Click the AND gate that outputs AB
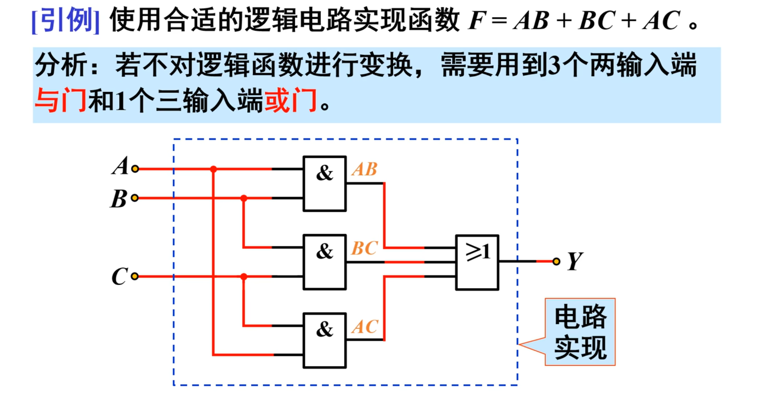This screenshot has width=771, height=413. click(324, 184)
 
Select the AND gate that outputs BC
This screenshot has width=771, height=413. click(324, 262)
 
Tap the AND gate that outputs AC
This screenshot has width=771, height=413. click(324, 340)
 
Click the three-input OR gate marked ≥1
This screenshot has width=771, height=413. click(477, 262)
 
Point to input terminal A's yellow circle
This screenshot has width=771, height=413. click(135, 169)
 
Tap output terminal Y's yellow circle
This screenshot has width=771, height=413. click(556, 261)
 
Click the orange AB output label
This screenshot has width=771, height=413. click(364, 169)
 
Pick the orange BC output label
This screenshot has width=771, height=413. click(364, 248)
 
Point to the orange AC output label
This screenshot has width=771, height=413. click(364, 327)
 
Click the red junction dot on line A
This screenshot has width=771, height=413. click(213, 169)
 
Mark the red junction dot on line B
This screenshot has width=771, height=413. click(244, 198)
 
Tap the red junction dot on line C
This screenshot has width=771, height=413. click(244, 277)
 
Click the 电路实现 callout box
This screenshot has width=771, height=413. click(580, 332)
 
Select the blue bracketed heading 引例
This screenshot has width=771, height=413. click(66, 20)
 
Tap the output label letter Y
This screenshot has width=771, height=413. click(575, 261)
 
